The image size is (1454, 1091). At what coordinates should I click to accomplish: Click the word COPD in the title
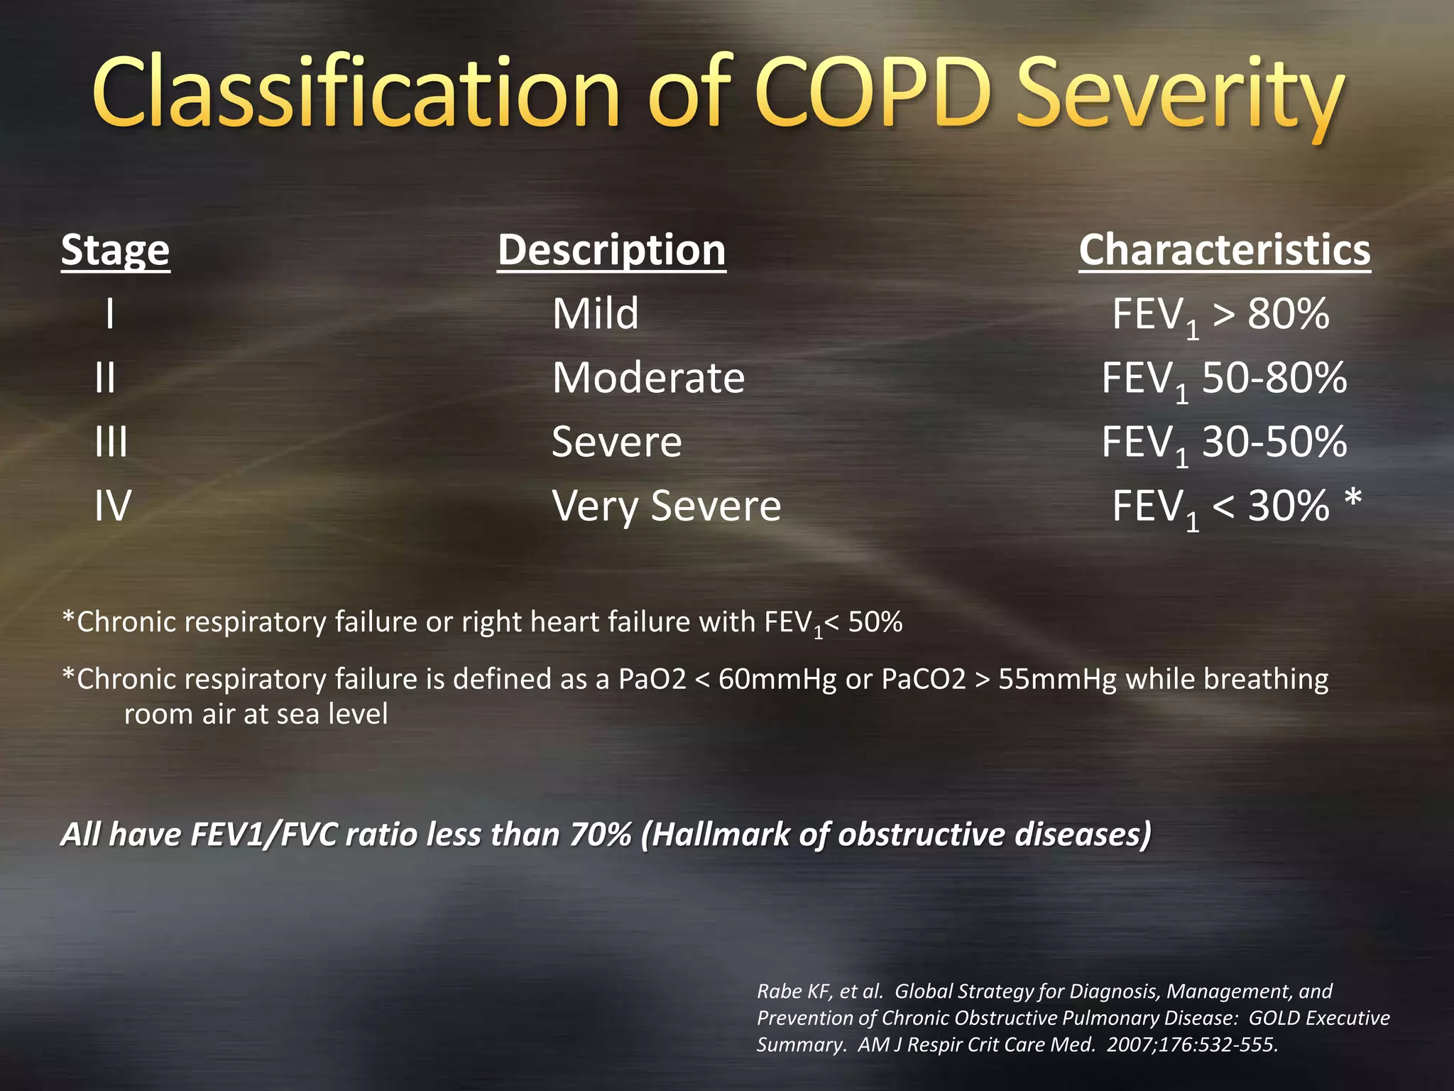click(x=872, y=92)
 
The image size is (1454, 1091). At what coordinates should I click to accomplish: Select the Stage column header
click(x=115, y=250)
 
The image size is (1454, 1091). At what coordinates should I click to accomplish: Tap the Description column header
click(x=611, y=250)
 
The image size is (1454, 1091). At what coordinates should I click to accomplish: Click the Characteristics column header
click(x=1225, y=250)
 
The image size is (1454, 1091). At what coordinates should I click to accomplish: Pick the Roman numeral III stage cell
click(x=111, y=442)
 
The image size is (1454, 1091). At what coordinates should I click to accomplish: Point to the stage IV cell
click(x=113, y=506)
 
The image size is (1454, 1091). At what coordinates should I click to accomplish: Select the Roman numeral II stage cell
click(x=105, y=378)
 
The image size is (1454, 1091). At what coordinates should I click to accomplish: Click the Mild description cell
click(x=595, y=314)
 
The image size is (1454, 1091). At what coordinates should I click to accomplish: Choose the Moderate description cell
click(x=648, y=378)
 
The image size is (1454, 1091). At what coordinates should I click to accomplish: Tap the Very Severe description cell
click(x=666, y=506)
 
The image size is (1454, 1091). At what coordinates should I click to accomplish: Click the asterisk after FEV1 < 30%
click(x=1353, y=499)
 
